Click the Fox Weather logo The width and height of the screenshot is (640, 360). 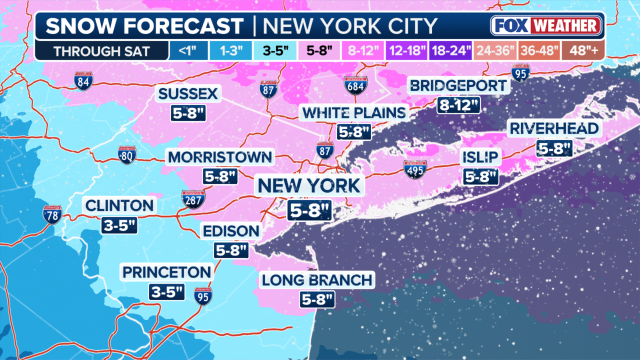coord(546,25)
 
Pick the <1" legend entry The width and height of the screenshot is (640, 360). coord(184,51)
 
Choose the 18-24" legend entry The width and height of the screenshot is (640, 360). coord(451,51)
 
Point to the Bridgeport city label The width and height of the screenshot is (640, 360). coord(458,85)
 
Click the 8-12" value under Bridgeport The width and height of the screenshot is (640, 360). coord(458,105)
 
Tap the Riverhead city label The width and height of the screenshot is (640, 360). coord(553,128)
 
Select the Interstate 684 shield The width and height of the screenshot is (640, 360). coord(355,85)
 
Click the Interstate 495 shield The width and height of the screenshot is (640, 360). coord(415,169)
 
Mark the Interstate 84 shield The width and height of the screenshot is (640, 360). coord(83,80)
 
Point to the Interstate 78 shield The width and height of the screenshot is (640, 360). coord(52,214)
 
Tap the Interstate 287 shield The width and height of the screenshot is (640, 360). coord(193,199)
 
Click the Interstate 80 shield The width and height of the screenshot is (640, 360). coord(127,155)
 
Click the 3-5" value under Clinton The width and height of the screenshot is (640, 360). coord(119,225)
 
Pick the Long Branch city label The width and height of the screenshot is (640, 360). coord(317,280)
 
